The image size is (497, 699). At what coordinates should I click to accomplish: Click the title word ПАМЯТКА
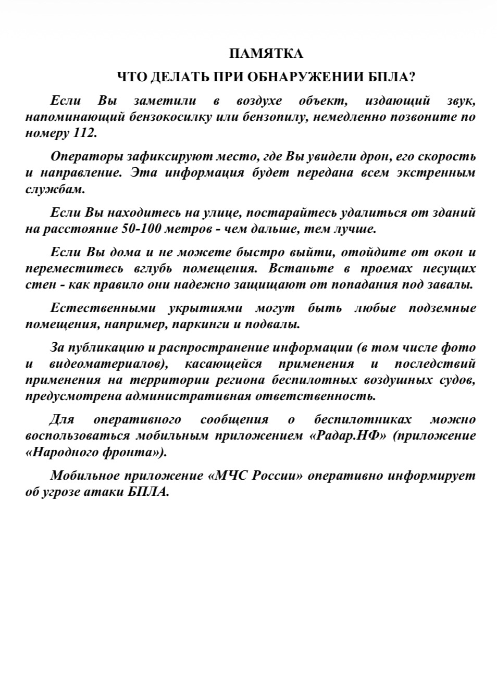tap(266, 54)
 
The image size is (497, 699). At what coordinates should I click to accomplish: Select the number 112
tap(83, 133)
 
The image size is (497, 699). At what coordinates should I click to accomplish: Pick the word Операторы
tap(87, 156)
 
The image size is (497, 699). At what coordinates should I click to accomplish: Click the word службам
tap(55, 189)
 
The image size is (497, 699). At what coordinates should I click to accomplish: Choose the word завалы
tap(451, 285)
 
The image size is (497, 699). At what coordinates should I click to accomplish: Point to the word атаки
tap(104, 492)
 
